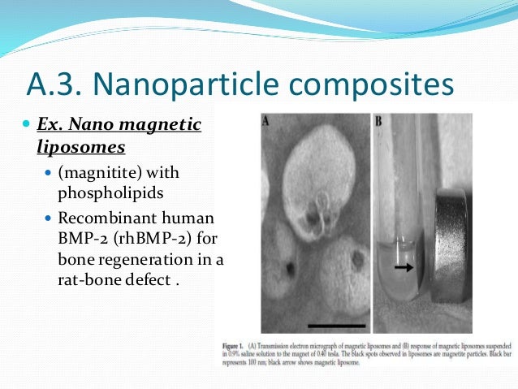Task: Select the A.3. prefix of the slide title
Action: tap(54, 84)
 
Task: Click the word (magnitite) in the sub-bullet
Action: tap(98, 173)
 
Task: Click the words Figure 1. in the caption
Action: tap(233, 346)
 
